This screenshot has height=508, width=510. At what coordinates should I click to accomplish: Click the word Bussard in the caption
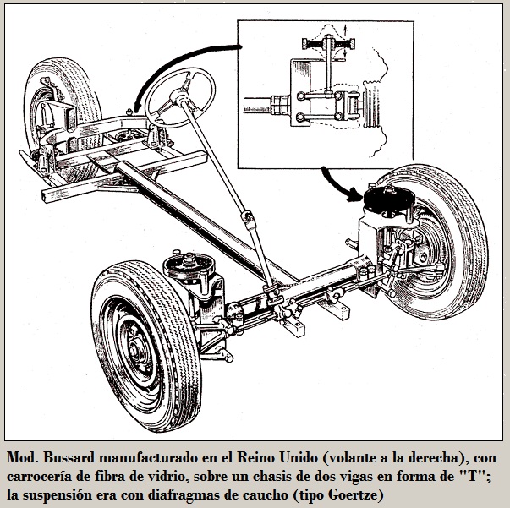point(69,457)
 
